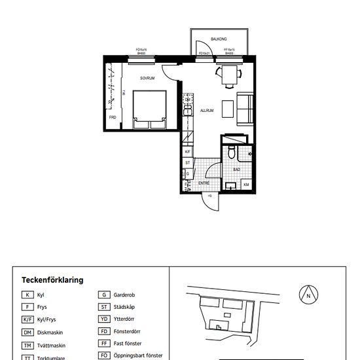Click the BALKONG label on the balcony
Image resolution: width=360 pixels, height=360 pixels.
219,39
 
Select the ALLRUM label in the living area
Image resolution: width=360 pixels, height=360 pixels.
207,111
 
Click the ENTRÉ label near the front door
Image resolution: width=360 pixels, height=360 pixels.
204,184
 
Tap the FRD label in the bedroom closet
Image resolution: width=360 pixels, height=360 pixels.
113,117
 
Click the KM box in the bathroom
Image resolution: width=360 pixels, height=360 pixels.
246,185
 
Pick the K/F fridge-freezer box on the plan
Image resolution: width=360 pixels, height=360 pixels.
188,151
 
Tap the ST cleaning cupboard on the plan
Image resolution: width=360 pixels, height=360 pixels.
188,162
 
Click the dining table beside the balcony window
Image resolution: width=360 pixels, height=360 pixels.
228,75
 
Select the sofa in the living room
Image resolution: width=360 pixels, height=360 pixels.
246,109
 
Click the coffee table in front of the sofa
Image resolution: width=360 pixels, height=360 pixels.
228,108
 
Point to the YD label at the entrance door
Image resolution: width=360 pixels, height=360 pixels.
209,196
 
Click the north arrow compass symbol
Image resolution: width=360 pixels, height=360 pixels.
308,295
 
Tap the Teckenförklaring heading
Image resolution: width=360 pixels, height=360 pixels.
52,279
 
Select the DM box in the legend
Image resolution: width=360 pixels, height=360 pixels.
27,331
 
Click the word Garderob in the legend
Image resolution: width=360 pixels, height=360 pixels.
124,295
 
